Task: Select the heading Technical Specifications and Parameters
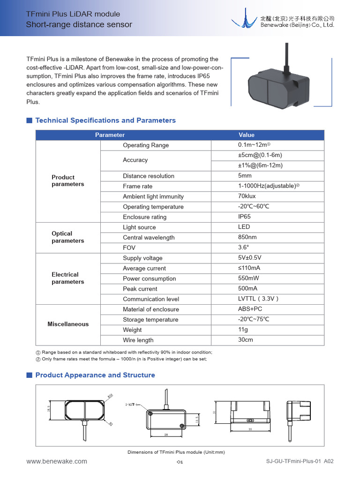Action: click(105, 120)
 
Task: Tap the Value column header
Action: click(247, 135)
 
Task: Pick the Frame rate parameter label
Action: click(138, 186)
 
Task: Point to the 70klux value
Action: click(247, 196)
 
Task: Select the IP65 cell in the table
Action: click(244, 217)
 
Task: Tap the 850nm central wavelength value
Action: click(247, 238)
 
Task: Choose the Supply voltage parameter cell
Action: click(142, 258)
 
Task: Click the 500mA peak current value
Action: click(247, 289)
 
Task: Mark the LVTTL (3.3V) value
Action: click(258, 299)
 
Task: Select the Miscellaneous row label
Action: click(68, 324)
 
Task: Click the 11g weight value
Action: click(243, 330)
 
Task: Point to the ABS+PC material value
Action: click(250, 309)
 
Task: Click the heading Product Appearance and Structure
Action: click(95, 375)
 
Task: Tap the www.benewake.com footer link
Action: click(57, 461)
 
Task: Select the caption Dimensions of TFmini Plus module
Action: click(176, 452)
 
